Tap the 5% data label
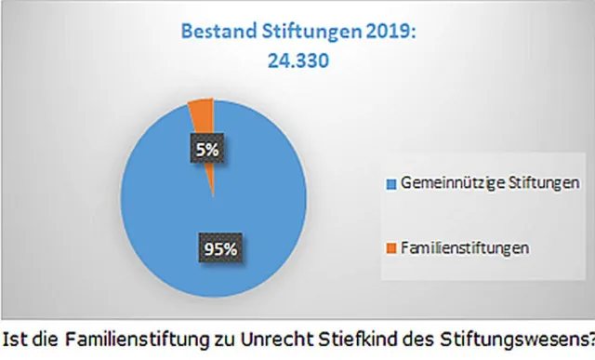click(205, 148)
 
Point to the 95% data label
click(217, 248)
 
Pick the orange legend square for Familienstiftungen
click(391, 247)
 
